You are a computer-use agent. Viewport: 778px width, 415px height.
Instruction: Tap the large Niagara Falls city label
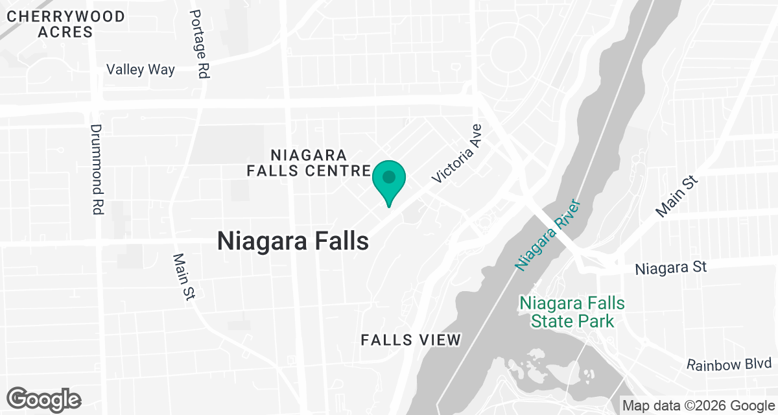293,241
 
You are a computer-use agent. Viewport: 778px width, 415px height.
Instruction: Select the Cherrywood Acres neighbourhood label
65,24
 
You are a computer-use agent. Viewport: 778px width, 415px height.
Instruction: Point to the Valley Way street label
141,69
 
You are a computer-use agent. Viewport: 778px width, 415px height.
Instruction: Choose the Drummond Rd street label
98,170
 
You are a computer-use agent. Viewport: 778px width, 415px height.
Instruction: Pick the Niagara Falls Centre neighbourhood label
309,163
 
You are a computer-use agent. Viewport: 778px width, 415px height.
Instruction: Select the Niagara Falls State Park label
572,311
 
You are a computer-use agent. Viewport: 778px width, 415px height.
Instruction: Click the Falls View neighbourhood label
411,340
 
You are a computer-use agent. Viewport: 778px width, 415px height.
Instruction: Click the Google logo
44,399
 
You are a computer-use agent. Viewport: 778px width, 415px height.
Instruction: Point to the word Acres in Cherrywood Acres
65,31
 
